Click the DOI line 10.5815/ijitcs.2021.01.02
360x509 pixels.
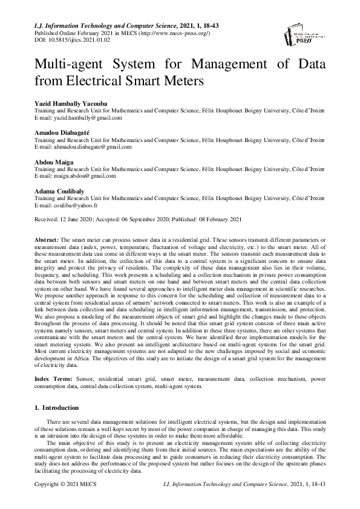(67, 39)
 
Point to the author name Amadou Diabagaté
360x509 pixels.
(64, 132)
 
